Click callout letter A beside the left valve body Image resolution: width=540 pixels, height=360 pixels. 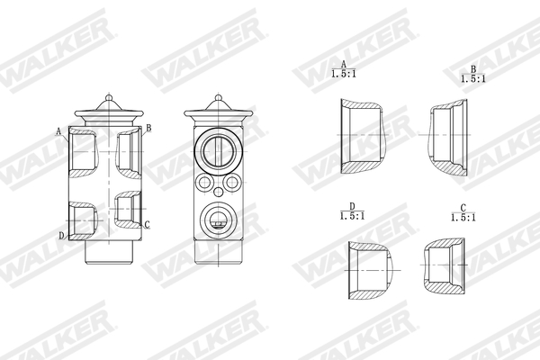59,131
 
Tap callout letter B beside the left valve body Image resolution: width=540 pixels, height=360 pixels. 148,128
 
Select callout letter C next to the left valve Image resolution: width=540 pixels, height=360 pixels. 147,225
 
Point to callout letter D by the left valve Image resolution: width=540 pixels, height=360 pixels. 61,236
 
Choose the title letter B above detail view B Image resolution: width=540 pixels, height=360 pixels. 472,69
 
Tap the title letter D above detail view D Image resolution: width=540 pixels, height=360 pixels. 351,206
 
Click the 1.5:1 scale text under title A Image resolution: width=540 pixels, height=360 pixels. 343,75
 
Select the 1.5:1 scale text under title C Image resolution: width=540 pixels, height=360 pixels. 463,217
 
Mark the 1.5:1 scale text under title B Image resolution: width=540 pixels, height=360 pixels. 472,79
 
